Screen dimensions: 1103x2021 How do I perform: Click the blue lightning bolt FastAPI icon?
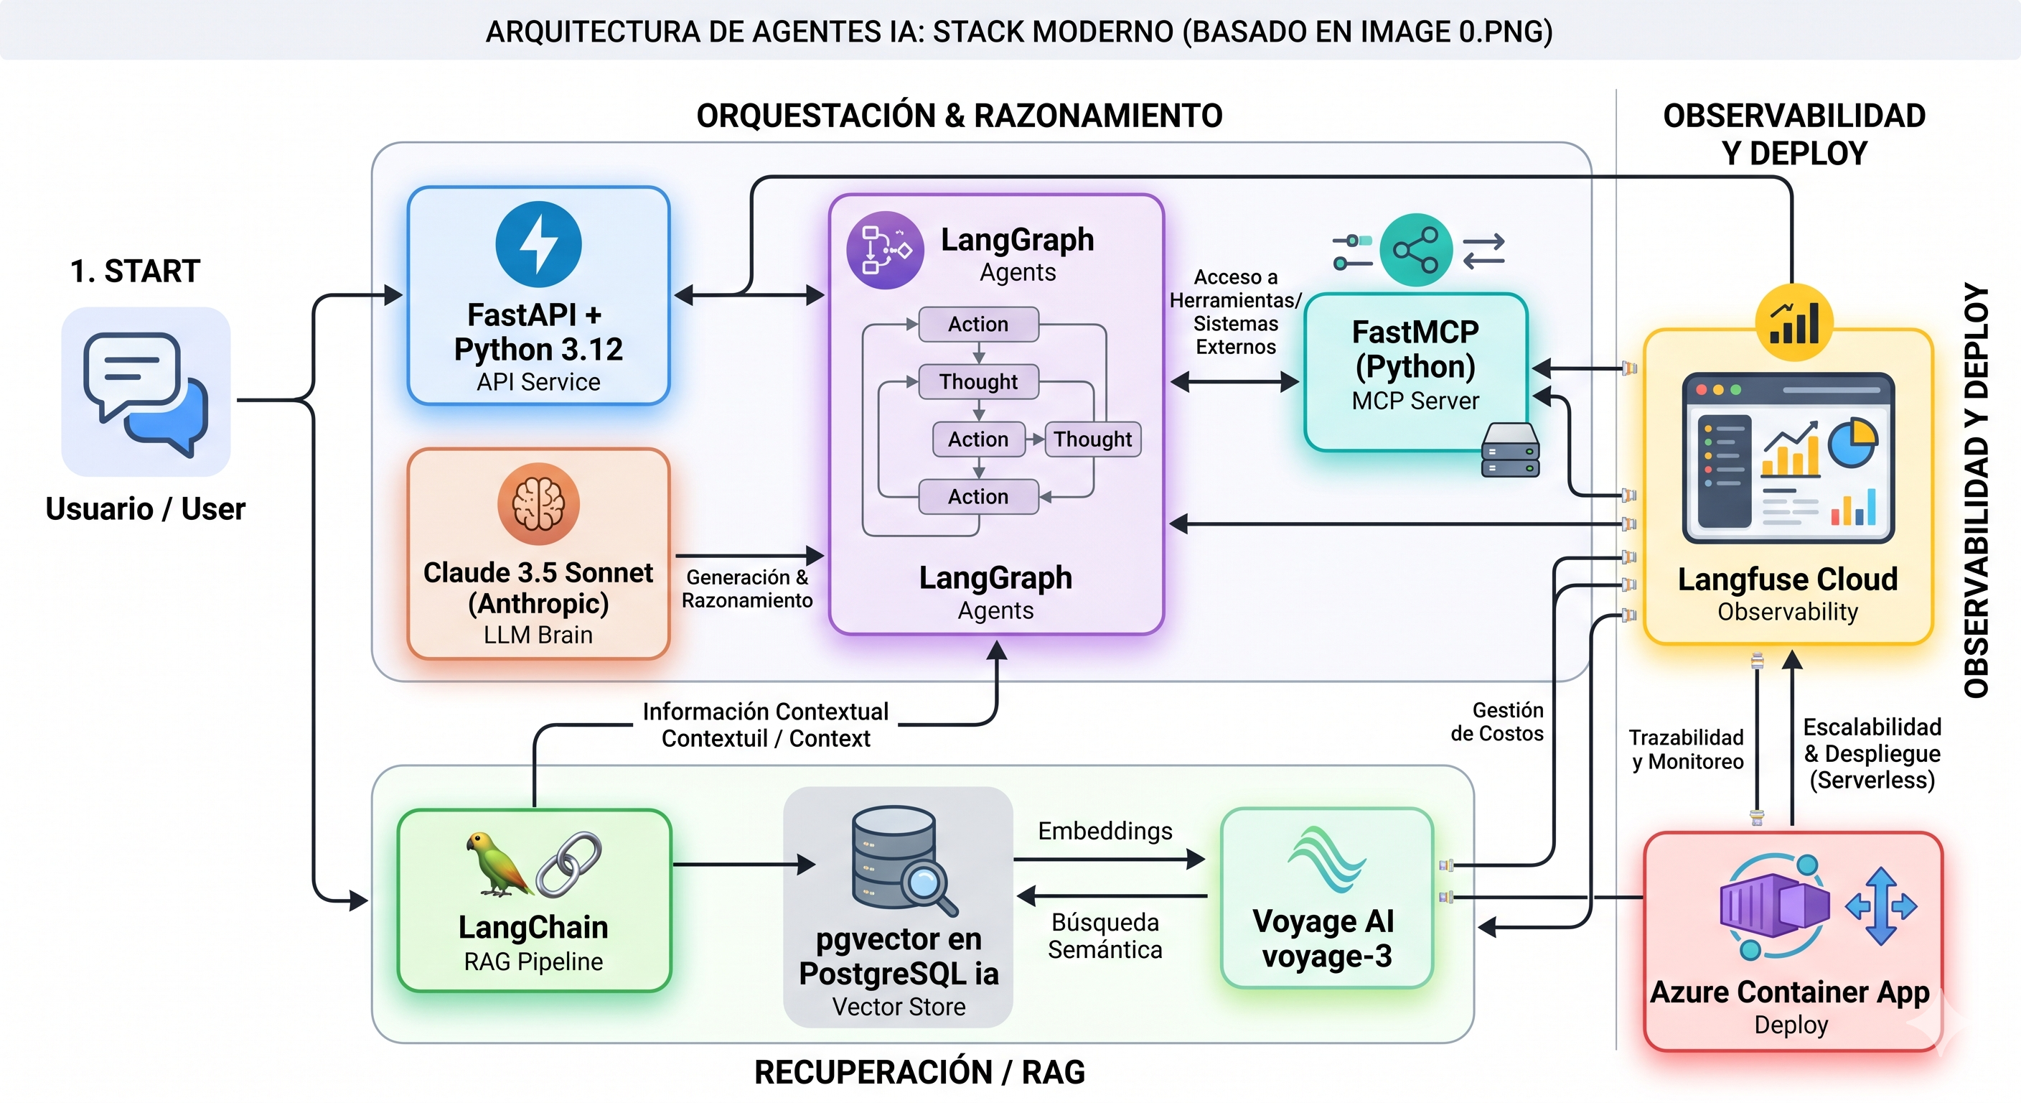538,244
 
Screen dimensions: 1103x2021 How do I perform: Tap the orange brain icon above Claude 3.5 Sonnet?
538,503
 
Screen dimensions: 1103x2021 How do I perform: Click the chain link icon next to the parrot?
569,865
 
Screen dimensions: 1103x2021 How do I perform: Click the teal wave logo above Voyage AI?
1326,860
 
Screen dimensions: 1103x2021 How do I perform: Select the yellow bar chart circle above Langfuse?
1793,322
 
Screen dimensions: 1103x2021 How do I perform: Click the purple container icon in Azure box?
1773,907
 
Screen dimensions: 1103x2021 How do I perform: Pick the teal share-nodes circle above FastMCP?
1415,251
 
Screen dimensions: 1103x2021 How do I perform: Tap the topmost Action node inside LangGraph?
977,325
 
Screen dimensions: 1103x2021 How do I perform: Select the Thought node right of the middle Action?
1092,439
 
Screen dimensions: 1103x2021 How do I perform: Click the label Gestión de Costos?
1497,722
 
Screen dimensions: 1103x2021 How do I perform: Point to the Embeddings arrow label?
1105,831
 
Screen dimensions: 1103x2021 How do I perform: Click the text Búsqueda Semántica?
1105,936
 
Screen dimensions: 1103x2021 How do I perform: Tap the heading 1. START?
135,271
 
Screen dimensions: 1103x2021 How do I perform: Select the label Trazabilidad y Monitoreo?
1687,749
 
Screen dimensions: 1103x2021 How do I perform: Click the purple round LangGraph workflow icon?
884,251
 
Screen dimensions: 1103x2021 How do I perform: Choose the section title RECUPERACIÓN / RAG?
919,1072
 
